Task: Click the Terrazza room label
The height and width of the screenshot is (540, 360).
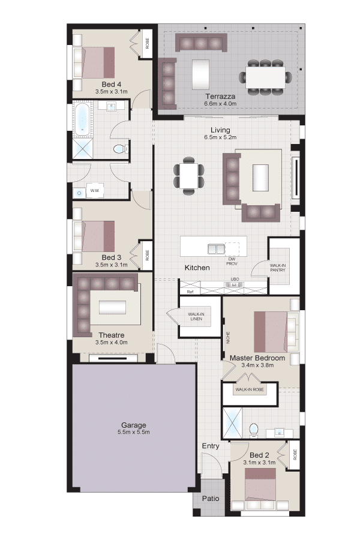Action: point(220,97)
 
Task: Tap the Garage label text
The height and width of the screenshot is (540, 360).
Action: point(134,425)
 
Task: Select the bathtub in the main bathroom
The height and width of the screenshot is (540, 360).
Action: point(83,119)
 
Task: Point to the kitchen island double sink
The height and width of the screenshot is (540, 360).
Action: point(217,248)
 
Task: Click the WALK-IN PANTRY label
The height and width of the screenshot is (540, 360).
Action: point(278,268)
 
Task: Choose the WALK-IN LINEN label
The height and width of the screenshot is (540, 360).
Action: point(196,316)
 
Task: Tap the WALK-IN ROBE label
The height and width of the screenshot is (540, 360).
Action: point(250,389)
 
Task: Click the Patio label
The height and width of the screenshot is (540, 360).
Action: point(211,499)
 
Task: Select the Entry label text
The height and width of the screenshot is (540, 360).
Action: point(211,446)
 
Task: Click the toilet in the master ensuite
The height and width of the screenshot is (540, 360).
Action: point(254,430)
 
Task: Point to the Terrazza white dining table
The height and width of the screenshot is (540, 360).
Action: point(265,77)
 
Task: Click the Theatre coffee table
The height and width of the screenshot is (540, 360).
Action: point(112,307)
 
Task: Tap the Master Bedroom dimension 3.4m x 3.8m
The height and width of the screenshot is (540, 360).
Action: point(257,365)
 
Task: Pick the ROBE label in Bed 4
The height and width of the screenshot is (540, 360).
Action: point(148,43)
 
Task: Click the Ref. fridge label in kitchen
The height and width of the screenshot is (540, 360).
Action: point(190,292)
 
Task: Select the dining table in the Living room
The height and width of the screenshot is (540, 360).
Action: point(188,176)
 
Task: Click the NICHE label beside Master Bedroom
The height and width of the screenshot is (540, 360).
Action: point(228,337)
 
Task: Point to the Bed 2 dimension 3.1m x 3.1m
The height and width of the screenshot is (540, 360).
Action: point(259,463)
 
